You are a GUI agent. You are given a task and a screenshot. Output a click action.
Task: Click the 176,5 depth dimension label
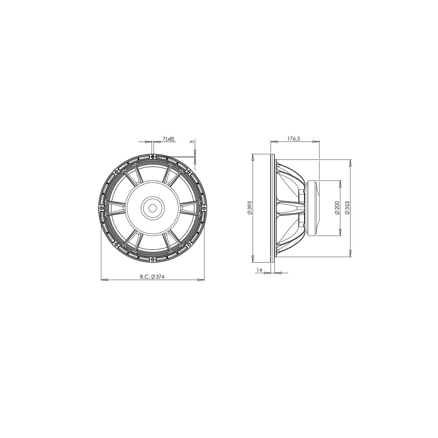point(293,139)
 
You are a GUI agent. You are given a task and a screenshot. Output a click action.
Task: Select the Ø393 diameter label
point(250,208)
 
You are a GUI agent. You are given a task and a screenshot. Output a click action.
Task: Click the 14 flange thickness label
point(259,270)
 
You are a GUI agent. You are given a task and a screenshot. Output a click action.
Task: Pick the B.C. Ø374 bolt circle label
point(152,277)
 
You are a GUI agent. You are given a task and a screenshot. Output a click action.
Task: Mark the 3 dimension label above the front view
point(192,142)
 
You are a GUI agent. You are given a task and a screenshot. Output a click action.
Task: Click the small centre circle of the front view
point(152,208)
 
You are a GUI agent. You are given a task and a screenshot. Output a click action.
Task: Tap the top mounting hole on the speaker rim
point(153,157)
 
